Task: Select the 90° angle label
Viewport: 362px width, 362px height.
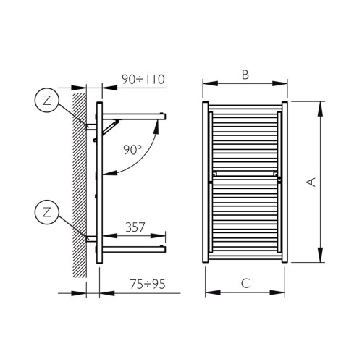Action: click(132, 150)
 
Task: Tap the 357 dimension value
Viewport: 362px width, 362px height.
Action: click(135, 227)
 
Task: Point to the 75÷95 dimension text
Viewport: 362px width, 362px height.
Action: click(143, 284)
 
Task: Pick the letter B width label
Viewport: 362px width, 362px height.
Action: click(245, 74)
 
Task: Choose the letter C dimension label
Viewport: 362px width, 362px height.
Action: click(245, 284)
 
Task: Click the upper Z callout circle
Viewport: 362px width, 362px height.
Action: click(47, 101)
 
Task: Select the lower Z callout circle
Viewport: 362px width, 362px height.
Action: click(47, 212)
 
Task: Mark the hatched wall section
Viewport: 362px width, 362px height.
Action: click(78, 188)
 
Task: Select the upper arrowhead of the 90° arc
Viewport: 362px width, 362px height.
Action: click(158, 125)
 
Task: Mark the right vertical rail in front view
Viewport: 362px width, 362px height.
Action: click(285, 182)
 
